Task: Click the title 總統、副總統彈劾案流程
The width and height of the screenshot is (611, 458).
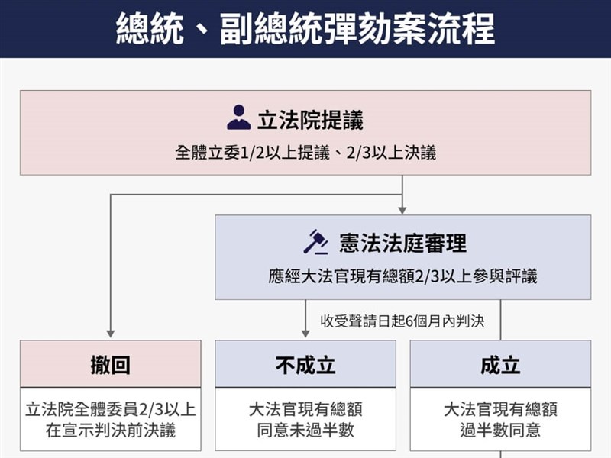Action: pyautogui.click(x=305, y=28)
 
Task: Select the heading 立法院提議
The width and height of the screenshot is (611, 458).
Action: pyautogui.click(x=310, y=121)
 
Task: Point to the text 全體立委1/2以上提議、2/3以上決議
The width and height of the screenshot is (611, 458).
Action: pyautogui.click(x=305, y=153)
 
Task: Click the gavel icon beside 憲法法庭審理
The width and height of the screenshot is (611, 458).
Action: pyautogui.click(x=315, y=242)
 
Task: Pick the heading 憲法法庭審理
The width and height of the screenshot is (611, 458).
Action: pyautogui.click(x=402, y=244)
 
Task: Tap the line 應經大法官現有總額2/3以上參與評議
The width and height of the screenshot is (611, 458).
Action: pyautogui.click(x=402, y=276)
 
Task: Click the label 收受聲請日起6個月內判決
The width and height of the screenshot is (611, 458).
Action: pyautogui.click(x=402, y=321)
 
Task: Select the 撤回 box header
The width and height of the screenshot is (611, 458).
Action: pyautogui.click(x=111, y=365)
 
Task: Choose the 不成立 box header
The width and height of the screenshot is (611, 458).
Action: pyautogui.click(x=305, y=365)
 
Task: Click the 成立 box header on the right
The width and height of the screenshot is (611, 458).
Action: pyautogui.click(x=500, y=365)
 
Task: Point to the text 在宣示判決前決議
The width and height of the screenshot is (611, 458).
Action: pyautogui.click(x=111, y=430)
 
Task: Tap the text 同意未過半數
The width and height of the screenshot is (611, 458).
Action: pyautogui.click(x=305, y=430)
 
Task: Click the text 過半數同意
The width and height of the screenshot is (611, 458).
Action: pyautogui.click(x=500, y=430)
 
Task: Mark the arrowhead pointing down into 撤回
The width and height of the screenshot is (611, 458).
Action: pyautogui.click(x=111, y=334)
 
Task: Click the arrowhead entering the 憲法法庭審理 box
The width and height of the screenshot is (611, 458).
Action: pyautogui.click(x=402, y=209)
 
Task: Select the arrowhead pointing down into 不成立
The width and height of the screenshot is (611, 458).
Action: pyautogui.click(x=305, y=334)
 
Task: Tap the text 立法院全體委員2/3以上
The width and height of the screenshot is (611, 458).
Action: pyautogui.click(x=111, y=409)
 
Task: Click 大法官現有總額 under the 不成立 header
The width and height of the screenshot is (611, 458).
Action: pyautogui.click(x=305, y=409)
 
